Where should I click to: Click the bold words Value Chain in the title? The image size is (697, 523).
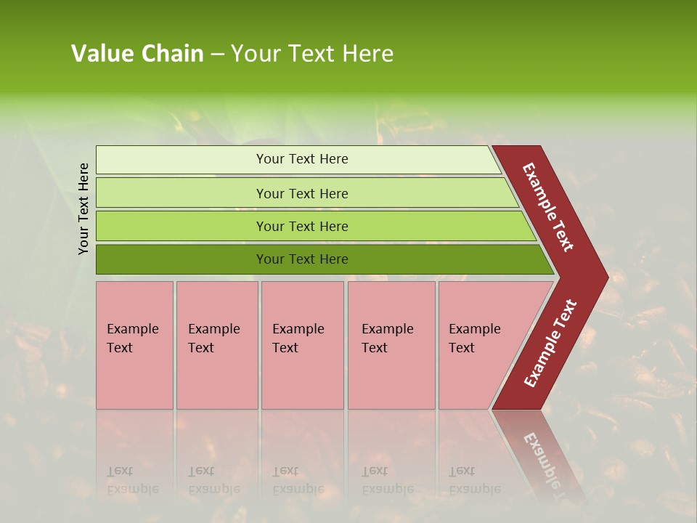137,54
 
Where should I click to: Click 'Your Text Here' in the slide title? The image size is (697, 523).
312,54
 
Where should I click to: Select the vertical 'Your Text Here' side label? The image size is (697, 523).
83,208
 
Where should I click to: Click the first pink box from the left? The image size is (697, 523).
134,378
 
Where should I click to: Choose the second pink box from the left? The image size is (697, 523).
216,378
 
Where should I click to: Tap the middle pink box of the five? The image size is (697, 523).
302,378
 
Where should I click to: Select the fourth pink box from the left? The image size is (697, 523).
391,378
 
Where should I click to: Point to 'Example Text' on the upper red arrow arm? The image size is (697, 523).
548,207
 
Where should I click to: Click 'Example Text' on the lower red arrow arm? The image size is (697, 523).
550,344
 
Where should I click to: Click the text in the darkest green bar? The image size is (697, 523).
302,259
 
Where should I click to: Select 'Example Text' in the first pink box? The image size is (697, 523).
132,338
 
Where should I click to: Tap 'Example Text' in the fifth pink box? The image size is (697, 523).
474,338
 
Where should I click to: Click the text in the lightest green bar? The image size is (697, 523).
302,159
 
